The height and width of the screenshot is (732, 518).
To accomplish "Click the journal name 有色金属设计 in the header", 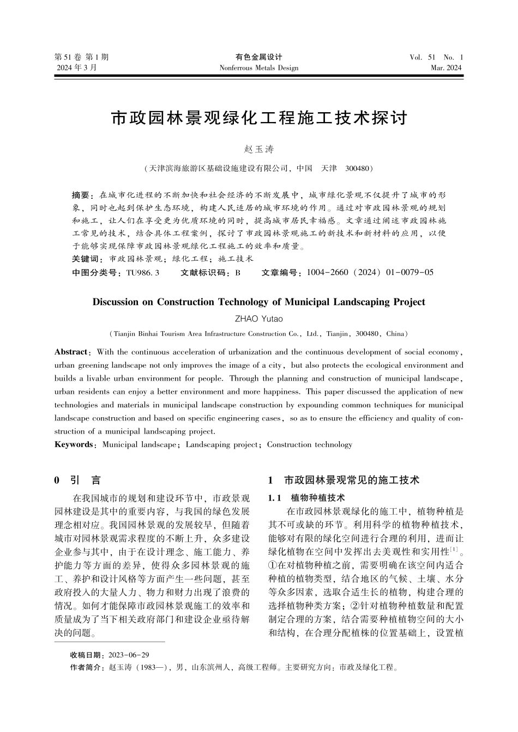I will point(258,57).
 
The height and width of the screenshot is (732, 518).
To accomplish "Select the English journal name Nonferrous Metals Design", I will point(258,68).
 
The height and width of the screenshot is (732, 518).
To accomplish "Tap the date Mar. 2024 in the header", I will point(446,68).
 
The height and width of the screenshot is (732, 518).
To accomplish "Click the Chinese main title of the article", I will point(259,118).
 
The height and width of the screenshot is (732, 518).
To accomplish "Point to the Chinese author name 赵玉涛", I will point(258,149).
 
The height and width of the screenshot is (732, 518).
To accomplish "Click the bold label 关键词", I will point(87,259).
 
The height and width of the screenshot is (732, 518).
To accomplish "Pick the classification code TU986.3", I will point(142,272).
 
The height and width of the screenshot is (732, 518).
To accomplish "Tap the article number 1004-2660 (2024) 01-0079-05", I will point(370,272).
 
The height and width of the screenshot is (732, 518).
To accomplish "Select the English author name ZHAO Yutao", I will point(258,319).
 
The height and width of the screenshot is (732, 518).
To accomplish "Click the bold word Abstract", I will point(71,352).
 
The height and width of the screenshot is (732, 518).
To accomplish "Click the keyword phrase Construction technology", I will point(310,444).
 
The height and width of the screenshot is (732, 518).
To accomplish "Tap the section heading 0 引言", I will point(77,480).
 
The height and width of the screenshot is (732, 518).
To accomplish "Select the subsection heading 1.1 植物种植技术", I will point(307,498).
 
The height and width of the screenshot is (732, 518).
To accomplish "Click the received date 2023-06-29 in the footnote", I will point(129,655).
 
